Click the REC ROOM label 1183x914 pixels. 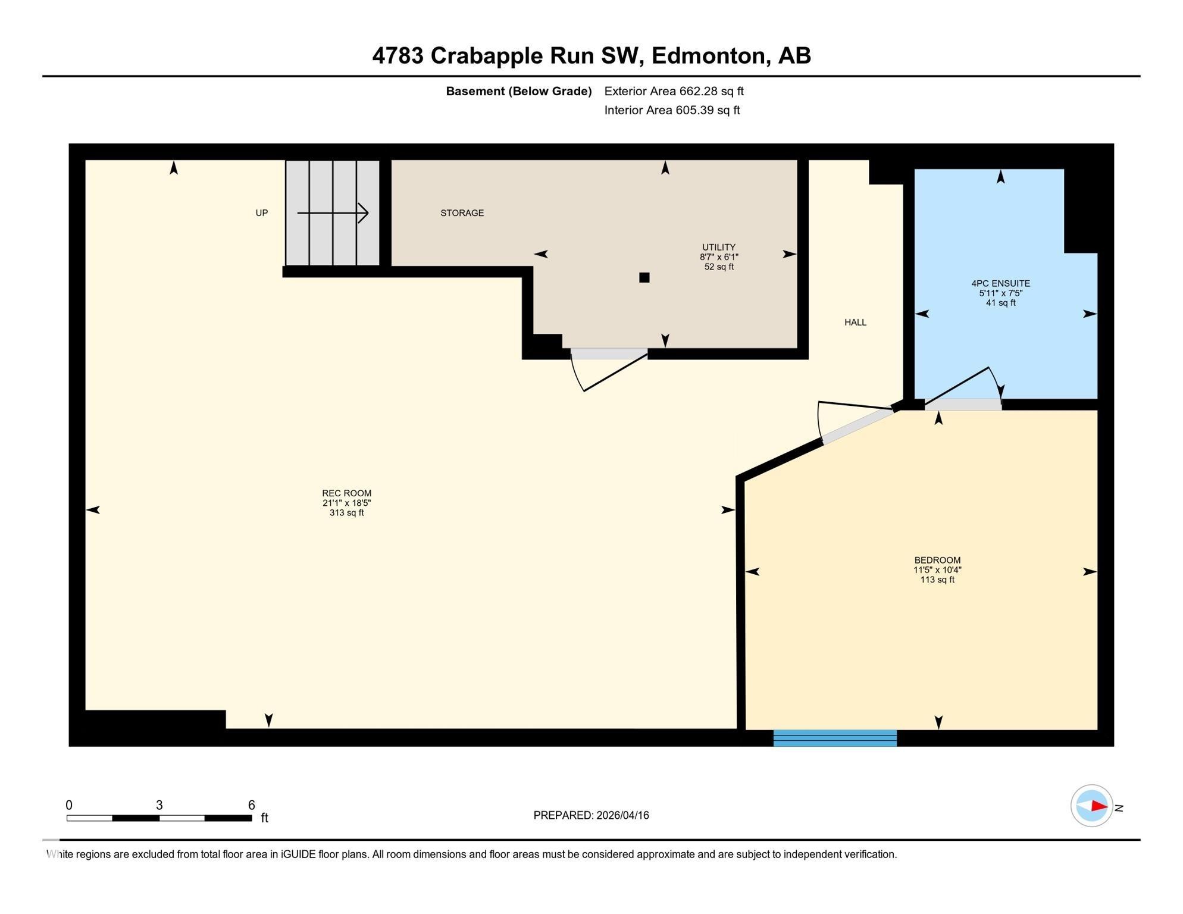[346, 493]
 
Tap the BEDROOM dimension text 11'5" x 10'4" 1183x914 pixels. [937, 569]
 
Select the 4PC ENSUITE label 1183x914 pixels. [1000, 283]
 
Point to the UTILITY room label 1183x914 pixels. [718, 247]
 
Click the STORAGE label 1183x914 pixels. [462, 212]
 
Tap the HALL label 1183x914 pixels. [855, 322]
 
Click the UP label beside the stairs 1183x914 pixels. [261, 212]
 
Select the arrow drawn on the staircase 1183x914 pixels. [333, 212]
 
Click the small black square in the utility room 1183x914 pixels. [644, 277]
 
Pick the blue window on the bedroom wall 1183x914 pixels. [835, 737]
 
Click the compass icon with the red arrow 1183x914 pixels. [1091, 806]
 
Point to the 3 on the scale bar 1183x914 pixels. [159, 805]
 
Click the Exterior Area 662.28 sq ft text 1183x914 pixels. [674, 91]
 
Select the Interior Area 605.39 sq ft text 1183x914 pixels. [672, 110]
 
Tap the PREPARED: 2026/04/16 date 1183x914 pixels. [591, 815]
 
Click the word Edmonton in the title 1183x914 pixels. [708, 55]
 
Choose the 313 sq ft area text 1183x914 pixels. [346, 512]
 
